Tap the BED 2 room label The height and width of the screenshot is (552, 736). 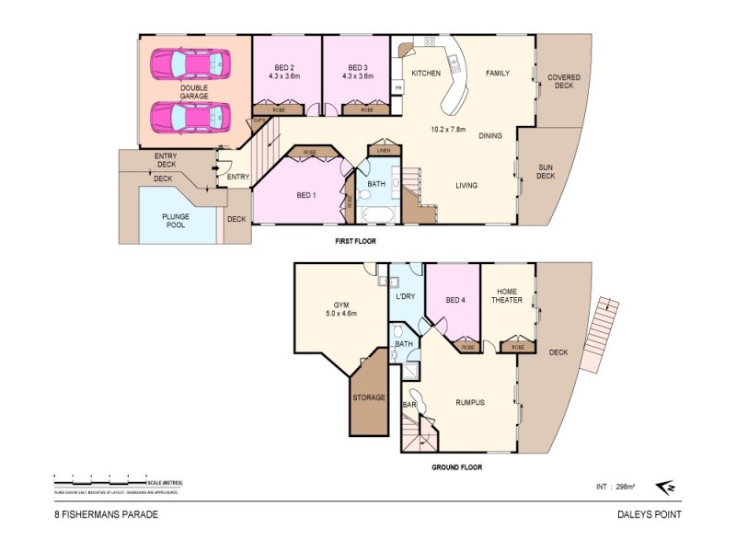tap(285, 66)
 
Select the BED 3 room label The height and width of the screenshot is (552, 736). tap(359, 66)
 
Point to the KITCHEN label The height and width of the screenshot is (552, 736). tap(426, 73)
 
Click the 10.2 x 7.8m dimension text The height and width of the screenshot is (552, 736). tap(449, 130)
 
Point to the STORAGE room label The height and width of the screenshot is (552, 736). tap(370, 398)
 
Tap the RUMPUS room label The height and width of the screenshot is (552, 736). tap(470, 402)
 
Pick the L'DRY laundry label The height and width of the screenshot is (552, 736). tap(406, 296)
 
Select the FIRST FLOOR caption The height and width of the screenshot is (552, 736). tap(355, 242)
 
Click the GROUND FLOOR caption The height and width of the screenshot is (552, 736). tap(457, 466)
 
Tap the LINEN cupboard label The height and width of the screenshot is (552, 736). tap(383, 149)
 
